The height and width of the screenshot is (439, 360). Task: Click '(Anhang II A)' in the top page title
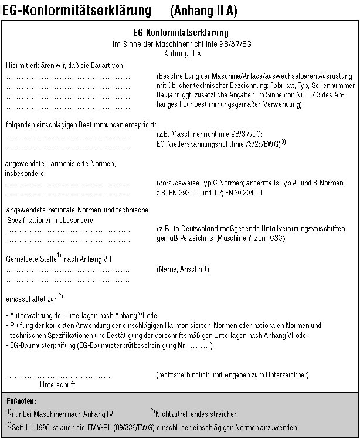[x=203, y=11]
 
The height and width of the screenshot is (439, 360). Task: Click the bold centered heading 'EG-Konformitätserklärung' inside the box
[x=181, y=33]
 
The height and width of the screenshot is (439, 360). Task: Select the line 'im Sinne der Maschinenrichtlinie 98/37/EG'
[x=181, y=44]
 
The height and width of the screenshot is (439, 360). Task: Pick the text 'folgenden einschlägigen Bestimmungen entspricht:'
[x=81, y=124]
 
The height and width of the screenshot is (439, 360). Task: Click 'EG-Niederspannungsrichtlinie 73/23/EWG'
[x=216, y=143]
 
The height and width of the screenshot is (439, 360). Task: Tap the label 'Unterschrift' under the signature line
[x=57, y=385]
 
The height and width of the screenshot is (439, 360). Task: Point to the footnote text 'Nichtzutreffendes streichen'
[x=196, y=414]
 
